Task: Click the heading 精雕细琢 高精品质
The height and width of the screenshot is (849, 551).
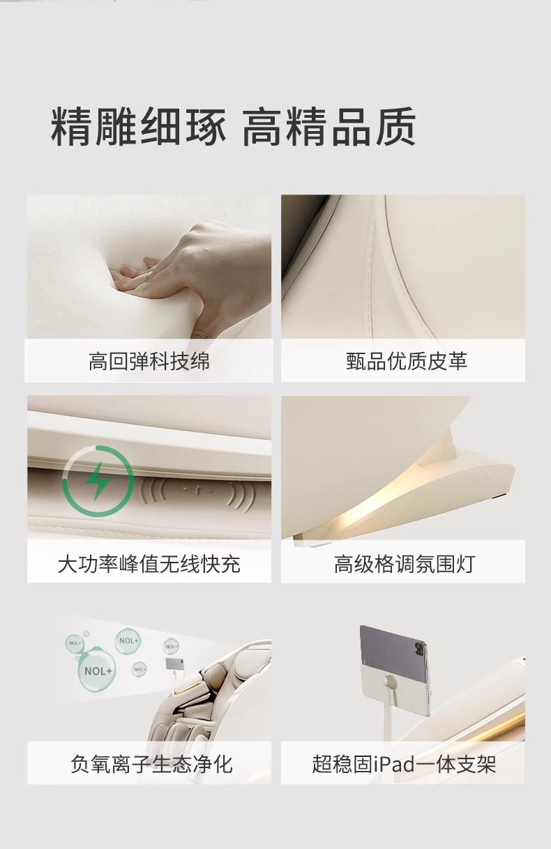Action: (x=233, y=127)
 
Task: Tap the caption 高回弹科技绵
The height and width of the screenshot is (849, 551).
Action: (x=149, y=361)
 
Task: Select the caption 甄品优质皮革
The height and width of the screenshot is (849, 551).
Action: (x=407, y=361)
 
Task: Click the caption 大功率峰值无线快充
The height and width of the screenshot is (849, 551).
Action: (x=149, y=564)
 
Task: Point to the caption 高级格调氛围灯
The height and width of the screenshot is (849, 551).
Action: (x=405, y=564)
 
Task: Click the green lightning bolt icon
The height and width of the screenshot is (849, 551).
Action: (x=98, y=480)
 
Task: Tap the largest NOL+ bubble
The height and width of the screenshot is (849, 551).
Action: (x=98, y=671)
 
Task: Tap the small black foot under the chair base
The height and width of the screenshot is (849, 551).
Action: (x=501, y=496)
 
